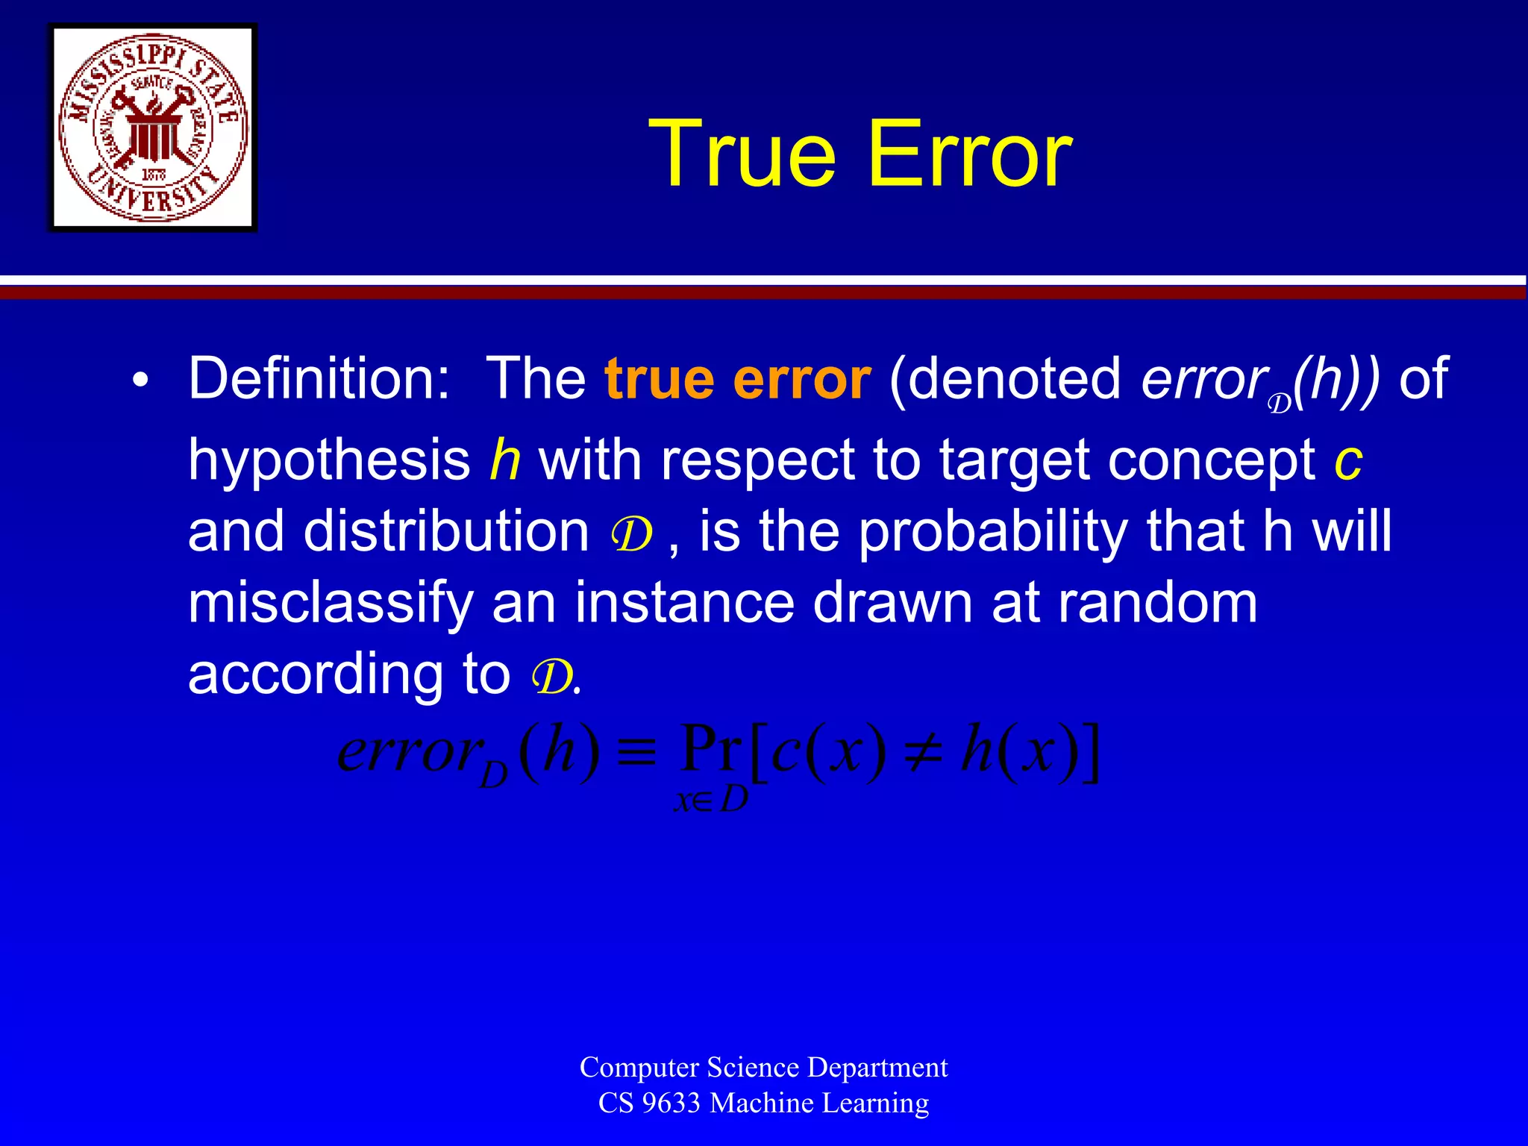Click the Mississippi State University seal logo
tap(153, 128)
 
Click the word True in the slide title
tap(742, 154)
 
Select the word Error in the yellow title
tap(970, 154)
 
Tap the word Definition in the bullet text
tap(319, 379)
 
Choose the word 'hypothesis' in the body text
tap(329, 459)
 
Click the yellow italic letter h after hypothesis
tap(504, 459)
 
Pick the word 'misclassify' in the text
tap(331, 603)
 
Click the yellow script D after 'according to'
tap(551, 677)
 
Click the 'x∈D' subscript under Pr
tap(710, 801)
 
